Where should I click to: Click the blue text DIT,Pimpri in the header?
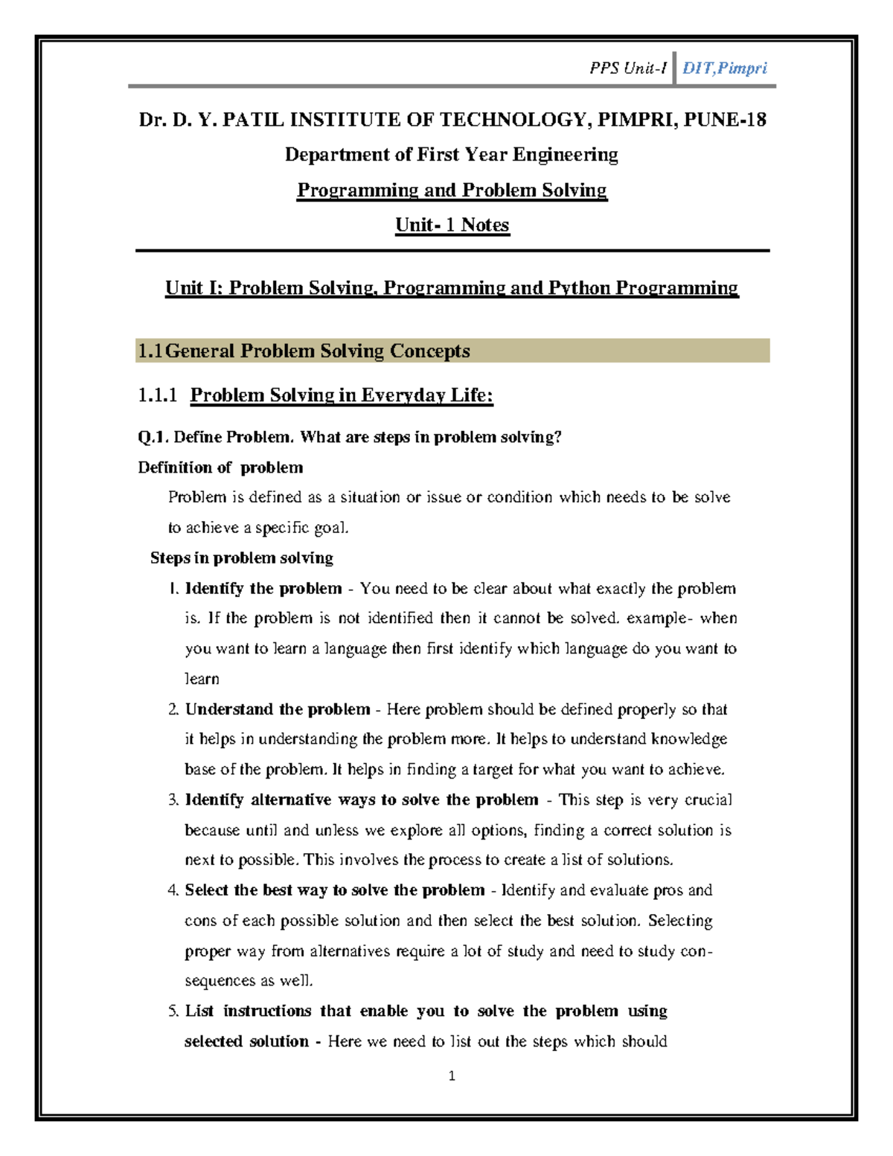coord(724,68)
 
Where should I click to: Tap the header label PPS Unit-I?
coord(627,68)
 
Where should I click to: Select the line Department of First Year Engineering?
coord(452,155)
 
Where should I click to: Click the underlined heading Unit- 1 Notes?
coord(452,225)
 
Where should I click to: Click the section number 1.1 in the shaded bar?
coord(150,351)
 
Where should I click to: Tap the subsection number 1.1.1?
coord(158,395)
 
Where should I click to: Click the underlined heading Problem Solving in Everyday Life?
coord(342,395)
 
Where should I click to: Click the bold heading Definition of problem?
coord(220,467)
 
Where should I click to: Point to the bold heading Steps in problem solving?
coord(241,558)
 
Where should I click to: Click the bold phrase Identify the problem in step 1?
coord(263,589)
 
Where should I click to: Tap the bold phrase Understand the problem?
coord(278,709)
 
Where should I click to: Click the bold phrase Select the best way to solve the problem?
coord(335,890)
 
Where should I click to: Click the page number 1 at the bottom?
coord(452,1076)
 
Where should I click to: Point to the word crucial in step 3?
coord(708,800)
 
